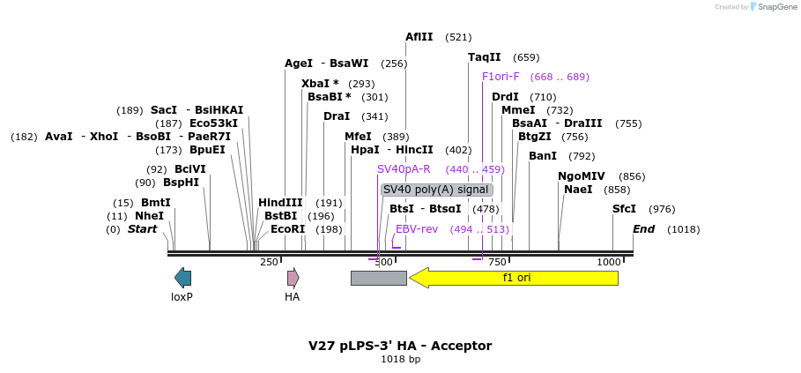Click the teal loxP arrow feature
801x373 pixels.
click(183, 278)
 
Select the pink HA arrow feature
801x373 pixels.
click(293, 278)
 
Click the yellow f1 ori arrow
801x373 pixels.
click(514, 278)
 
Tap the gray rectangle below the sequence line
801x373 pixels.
click(379, 278)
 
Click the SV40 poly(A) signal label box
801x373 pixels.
click(437, 190)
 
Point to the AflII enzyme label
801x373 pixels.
click(419, 37)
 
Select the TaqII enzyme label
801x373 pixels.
click(485, 57)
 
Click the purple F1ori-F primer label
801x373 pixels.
click(501, 77)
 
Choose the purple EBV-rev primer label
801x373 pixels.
click(417, 229)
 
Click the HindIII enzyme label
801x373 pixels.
click(280, 202)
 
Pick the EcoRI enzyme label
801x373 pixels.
click(287, 229)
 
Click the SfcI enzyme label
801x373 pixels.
click(624, 209)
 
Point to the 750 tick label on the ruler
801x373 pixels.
click(497, 262)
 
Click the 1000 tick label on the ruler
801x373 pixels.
click(608, 262)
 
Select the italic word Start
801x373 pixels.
click(142, 229)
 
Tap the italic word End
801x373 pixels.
click(643, 229)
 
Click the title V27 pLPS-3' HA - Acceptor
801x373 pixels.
click(400, 346)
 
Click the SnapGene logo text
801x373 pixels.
click(779, 7)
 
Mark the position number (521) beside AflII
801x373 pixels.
click(458, 37)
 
